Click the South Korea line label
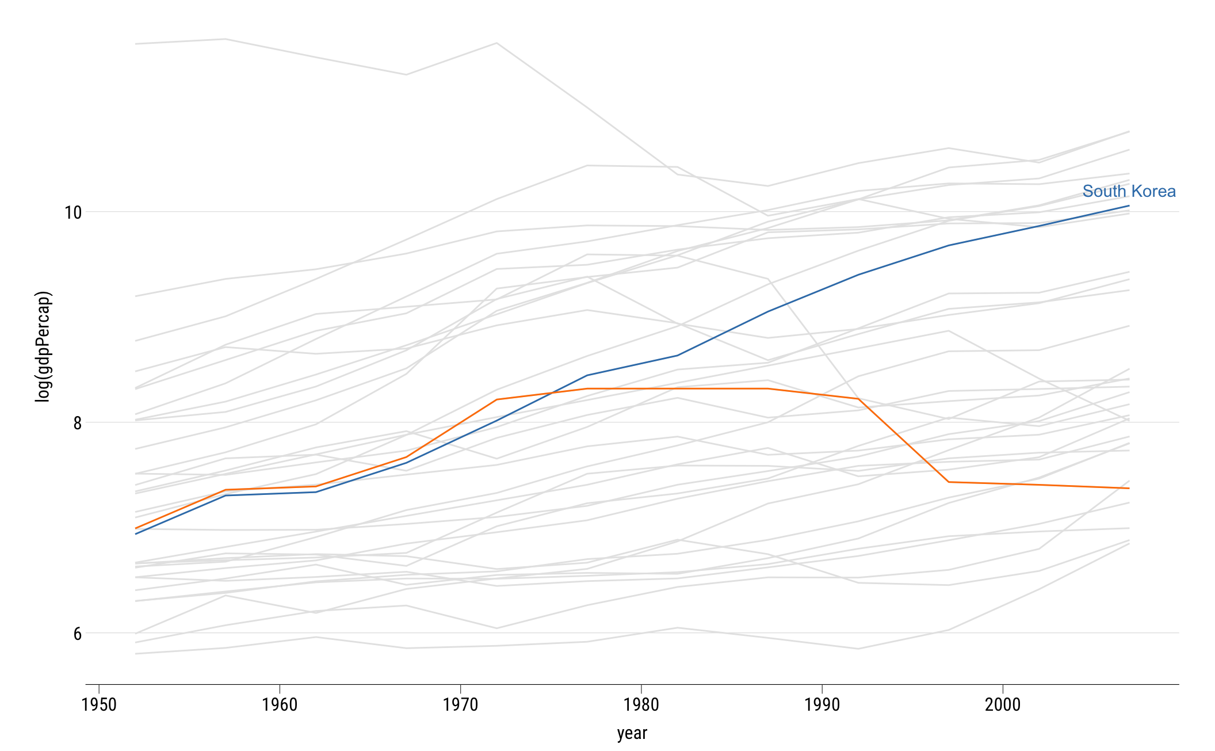click(x=1129, y=192)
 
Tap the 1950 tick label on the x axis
click(x=99, y=704)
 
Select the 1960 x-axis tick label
click(x=280, y=704)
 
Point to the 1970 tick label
click(x=460, y=704)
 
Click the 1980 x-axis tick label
click(x=641, y=704)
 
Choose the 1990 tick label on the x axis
click(x=822, y=704)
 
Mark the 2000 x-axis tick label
click(x=1003, y=704)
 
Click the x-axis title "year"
click(x=632, y=733)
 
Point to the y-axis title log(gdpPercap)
click(x=44, y=346)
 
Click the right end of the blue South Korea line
click(x=1129, y=205)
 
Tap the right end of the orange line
click(x=1129, y=488)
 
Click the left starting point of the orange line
click(x=136, y=528)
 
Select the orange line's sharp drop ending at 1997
click(x=949, y=482)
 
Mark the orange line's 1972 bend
click(x=496, y=399)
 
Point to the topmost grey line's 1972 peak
click(x=496, y=43)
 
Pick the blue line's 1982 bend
click(x=678, y=355)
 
